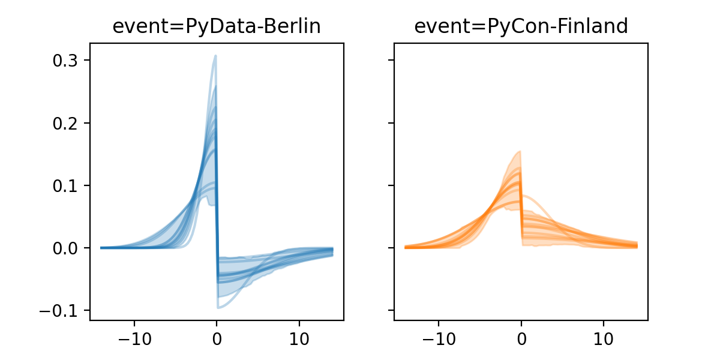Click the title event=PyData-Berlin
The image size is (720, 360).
tap(217, 26)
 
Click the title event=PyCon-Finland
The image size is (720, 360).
tap(521, 26)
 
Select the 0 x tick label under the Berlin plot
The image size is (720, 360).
tap(217, 337)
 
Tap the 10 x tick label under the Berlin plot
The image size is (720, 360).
tap(299, 337)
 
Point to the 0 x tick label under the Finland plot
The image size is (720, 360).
tap(521, 337)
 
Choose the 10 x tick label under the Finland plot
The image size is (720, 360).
tap(604, 337)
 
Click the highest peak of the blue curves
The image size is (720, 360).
tap(215, 56)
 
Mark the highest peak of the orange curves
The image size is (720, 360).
tap(520, 151)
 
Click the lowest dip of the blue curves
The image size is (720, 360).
tap(218, 308)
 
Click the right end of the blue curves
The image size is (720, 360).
tap(332, 251)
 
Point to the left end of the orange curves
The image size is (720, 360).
tap(406, 247)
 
